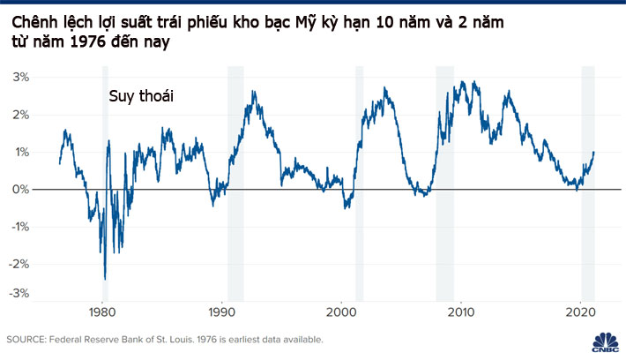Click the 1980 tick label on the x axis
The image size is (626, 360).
[103, 313]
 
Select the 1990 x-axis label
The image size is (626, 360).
[223, 313]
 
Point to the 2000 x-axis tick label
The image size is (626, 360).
[342, 313]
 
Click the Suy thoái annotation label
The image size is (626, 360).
[141, 97]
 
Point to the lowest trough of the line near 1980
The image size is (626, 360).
[105, 279]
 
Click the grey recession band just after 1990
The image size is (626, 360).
[235, 176]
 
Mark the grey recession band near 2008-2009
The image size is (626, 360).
[444, 176]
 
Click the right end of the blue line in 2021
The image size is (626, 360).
[593, 153]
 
